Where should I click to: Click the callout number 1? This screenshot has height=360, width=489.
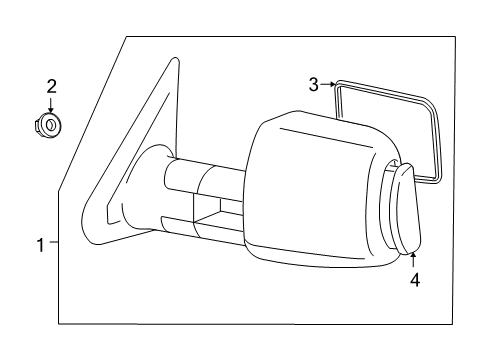tap(40, 244)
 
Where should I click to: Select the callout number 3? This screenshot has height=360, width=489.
tap(313, 85)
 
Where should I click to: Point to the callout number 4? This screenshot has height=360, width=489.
tap(415, 281)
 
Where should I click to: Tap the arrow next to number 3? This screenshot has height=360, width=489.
tap(327, 86)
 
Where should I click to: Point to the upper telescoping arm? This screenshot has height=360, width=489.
tap(205, 180)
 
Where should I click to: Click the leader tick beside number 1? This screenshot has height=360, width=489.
tap(54, 244)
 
